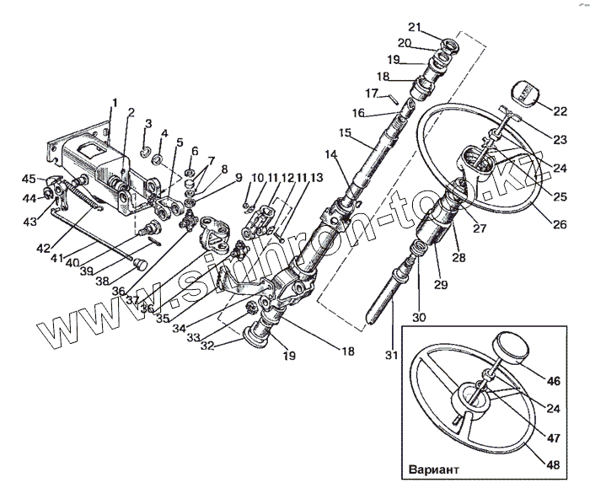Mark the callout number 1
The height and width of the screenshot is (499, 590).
[x=115, y=103]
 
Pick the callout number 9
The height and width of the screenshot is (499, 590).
[x=239, y=177]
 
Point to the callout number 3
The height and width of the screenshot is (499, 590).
[x=147, y=124]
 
